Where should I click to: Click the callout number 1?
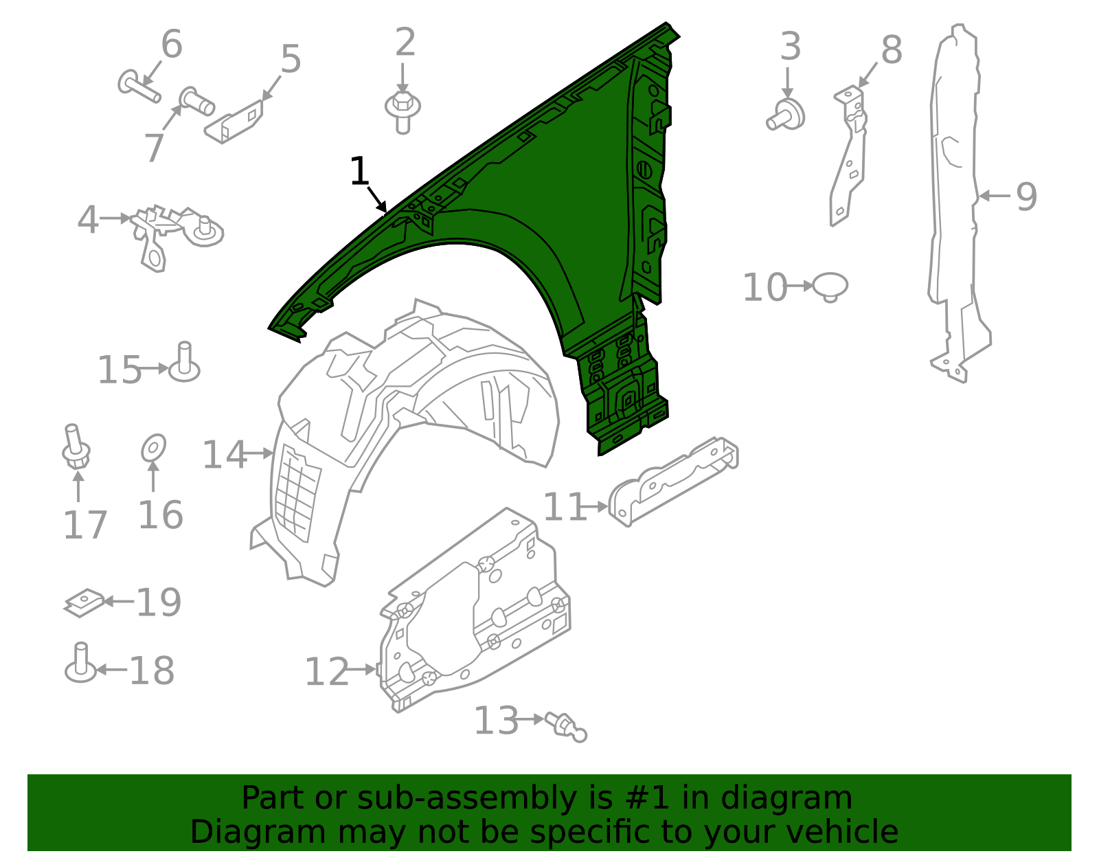(x=359, y=171)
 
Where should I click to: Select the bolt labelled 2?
(x=403, y=110)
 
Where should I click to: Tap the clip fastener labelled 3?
(x=786, y=115)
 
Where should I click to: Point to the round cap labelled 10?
(x=830, y=286)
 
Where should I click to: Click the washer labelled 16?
(x=153, y=449)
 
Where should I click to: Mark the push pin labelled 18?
(x=80, y=664)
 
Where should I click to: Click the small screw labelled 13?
(x=567, y=725)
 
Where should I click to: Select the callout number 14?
(x=223, y=455)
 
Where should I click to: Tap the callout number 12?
(x=326, y=672)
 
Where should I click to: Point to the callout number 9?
(x=1026, y=196)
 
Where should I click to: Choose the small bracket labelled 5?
(x=236, y=122)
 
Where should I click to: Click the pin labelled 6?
(x=139, y=86)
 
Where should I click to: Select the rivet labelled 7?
(x=197, y=102)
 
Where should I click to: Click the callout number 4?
(x=87, y=220)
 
